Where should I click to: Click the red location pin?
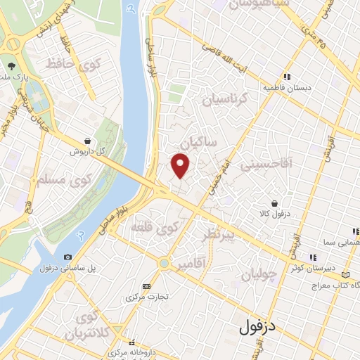pos(181,165)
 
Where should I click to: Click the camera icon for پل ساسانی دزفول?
pos(67,257)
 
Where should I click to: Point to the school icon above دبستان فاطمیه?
pos(287,77)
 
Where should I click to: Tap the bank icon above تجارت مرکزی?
pos(146,286)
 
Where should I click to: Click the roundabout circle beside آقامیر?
pos(164,264)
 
